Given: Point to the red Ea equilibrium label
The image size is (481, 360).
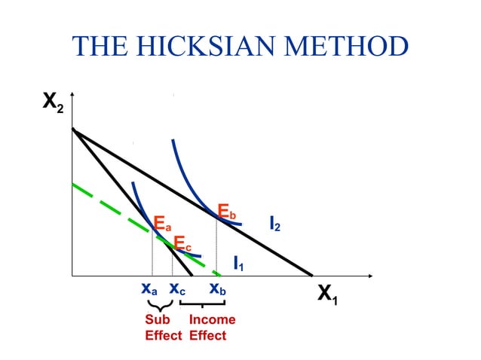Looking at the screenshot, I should (162, 224).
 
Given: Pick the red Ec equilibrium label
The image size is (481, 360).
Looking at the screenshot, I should (182, 243).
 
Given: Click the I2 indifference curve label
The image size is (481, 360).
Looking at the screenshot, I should (275, 224).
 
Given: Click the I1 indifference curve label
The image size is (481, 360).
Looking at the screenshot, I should (238, 264).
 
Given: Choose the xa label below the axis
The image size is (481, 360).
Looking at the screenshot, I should (149, 288).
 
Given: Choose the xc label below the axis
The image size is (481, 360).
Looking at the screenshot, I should (177, 288).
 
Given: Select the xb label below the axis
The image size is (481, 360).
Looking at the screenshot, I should (218, 288).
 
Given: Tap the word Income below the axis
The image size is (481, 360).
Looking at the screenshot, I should (212, 319).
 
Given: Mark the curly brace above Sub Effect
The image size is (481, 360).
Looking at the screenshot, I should (159, 305).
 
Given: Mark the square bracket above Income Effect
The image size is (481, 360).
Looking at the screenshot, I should (203, 304).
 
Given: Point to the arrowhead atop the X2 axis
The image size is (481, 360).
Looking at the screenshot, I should (72, 96).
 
